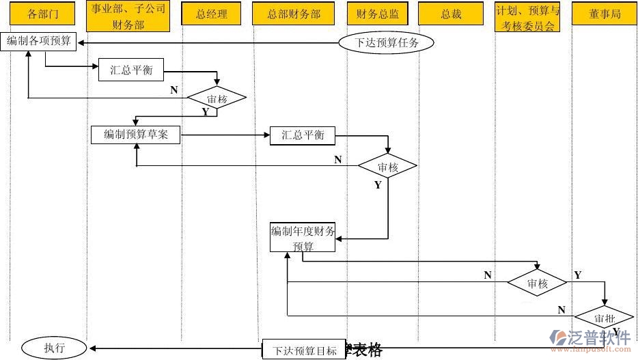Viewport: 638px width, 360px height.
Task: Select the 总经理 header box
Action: click(x=211, y=14)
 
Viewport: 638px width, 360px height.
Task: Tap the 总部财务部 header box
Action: click(x=293, y=14)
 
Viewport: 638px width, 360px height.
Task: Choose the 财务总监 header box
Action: click(x=373, y=14)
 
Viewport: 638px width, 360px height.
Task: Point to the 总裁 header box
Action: click(x=451, y=14)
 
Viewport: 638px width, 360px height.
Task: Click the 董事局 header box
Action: click(x=605, y=14)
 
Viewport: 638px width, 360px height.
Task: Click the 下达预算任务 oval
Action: click(x=386, y=43)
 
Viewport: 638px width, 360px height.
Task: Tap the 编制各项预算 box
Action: click(x=39, y=42)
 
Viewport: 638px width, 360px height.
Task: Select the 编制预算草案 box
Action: click(x=136, y=135)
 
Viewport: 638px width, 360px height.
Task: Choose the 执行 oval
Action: click(x=54, y=348)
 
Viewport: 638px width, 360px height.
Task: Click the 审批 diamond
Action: click(x=604, y=318)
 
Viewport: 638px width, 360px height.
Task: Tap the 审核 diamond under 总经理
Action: click(x=217, y=99)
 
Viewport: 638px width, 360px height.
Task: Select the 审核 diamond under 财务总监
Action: click(x=387, y=167)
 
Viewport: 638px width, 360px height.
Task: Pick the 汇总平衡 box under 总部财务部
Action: click(x=303, y=135)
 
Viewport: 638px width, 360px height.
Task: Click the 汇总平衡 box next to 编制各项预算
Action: click(x=131, y=70)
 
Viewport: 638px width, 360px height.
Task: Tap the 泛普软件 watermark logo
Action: click(x=590, y=339)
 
